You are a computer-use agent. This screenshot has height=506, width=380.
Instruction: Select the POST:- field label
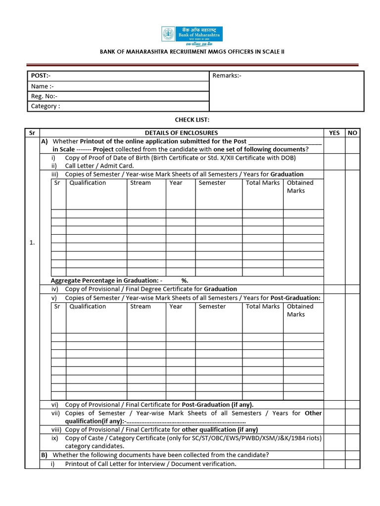tap(41, 76)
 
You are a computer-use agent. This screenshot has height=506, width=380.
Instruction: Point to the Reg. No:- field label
tap(44, 96)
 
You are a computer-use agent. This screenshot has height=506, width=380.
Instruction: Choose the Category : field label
tap(46, 106)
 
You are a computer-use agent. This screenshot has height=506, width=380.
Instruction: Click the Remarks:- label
tap(227, 76)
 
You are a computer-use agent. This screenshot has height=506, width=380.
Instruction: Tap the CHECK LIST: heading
tap(192, 120)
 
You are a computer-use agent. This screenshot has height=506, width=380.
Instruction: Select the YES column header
tap(334, 133)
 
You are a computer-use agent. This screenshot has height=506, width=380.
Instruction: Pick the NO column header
tap(352, 133)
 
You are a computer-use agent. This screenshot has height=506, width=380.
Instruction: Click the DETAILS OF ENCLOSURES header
tap(181, 133)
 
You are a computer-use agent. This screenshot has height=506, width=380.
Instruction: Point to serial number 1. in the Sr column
tap(32, 243)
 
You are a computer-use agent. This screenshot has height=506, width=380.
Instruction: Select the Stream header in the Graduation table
tap(140, 183)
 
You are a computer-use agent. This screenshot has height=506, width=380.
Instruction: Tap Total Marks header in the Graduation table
tap(262, 183)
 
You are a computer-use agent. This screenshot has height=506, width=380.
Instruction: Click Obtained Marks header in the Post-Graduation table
tap(300, 310)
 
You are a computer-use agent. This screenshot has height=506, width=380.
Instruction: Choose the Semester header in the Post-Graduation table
tap(212, 306)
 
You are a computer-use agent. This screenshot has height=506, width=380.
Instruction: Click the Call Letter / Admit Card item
tap(99, 166)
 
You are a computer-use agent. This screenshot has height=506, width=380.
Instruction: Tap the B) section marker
tap(44, 455)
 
